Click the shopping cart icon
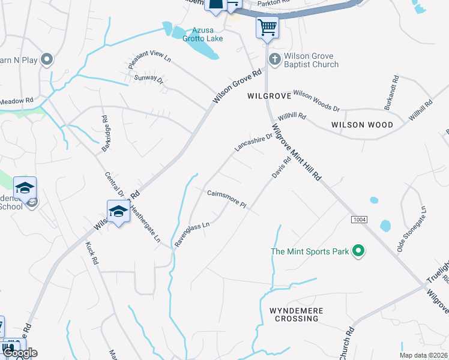click(267, 26)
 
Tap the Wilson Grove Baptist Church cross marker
click(274, 59)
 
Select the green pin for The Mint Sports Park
click(358, 251)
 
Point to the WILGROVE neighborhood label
click(269, 96)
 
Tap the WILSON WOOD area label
click(362, 125)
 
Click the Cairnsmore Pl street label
click(227, 199)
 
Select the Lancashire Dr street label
click(253, 143)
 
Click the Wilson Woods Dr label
click(316, 101)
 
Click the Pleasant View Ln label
click(149, 58)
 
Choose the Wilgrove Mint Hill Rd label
click(297, 153)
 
